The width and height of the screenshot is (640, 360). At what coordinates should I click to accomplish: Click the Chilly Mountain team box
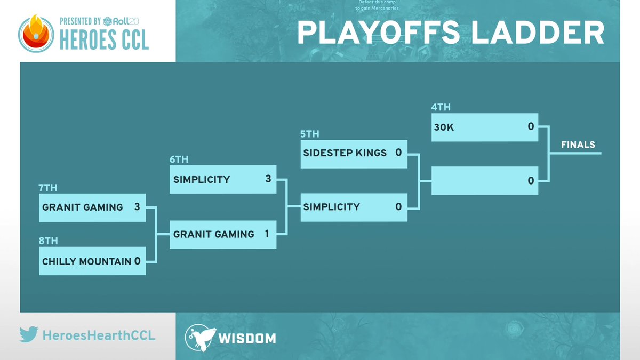pos(92,261)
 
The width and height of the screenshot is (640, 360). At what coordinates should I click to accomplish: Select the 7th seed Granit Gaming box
pos(92,207)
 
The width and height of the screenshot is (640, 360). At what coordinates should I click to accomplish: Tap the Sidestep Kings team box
pos(353,153)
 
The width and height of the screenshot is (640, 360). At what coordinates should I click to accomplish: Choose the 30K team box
pos(484,127)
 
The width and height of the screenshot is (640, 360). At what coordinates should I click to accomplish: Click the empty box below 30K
pos(484,181)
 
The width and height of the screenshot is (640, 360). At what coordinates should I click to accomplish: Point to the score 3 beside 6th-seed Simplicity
pos(268,179)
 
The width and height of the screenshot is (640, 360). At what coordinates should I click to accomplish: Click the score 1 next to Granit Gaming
pos(267,234)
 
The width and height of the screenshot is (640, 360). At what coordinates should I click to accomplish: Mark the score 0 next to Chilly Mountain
pos(138,261)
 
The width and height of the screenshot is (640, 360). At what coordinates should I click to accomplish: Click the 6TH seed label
pos(179,159)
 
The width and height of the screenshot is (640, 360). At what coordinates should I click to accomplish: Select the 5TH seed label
pos(310,134)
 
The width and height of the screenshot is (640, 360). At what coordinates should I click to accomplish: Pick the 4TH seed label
pos(441,107)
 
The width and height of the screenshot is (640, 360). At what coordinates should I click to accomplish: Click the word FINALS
pos(578,145)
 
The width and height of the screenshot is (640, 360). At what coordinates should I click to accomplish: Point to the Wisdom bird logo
pos(200,337)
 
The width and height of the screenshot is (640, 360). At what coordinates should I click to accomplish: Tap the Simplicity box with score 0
pos(353,207)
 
